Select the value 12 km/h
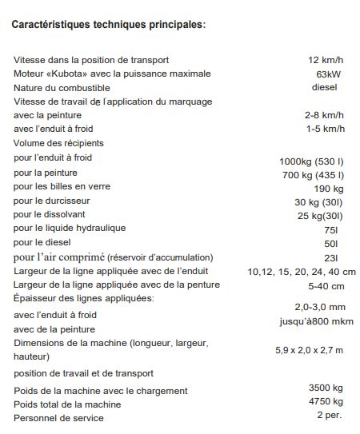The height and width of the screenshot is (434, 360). (326, 60)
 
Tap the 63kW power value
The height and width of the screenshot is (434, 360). (329, 74)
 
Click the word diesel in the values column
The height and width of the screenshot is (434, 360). (324, 87)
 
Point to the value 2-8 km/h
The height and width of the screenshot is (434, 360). (324, 115)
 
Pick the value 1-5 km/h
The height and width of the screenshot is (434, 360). (324, 129)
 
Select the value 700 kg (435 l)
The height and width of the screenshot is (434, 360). (313, 174)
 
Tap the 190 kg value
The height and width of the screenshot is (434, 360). (328, 188)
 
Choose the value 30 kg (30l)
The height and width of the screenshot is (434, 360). (318, 201)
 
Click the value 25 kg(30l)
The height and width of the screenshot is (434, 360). (320, 215)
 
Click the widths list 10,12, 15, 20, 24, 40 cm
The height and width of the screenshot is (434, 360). (302, 271)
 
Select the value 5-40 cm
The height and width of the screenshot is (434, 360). (326, 285)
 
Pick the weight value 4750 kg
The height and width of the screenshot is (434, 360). (326, 401)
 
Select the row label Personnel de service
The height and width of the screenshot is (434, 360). (58, 417)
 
